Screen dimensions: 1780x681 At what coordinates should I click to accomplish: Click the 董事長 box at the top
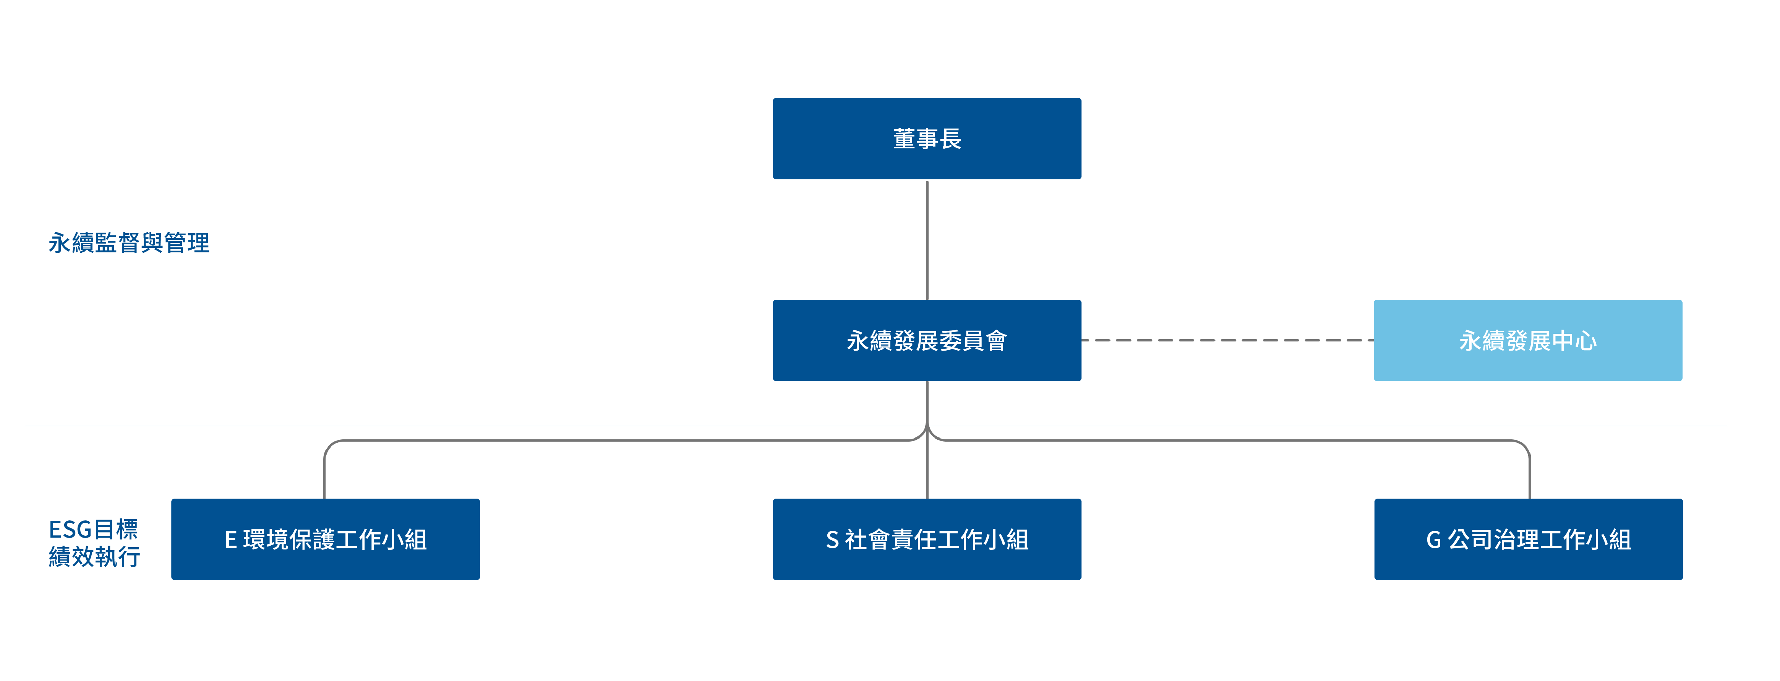click(927, 138)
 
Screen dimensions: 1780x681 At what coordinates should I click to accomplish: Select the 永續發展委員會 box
click(927, 340)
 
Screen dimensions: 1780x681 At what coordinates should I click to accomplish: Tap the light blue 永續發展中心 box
click(1528, 340)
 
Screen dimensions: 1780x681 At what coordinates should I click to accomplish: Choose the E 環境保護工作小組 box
click(326, 539)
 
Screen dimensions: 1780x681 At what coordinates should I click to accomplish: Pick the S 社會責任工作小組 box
click(927, 539)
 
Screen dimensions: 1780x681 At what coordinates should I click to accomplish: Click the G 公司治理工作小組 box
click(1529, 539)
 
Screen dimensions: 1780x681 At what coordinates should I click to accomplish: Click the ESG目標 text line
click(93, 529)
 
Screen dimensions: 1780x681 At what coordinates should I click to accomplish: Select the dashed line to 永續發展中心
click(1227, 340)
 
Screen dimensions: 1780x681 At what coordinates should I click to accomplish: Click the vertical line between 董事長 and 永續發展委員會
click(927, 239)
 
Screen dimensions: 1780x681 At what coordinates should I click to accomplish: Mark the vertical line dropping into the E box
click(325, 477)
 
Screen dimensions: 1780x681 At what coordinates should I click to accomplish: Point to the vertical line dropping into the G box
click(1530, 477)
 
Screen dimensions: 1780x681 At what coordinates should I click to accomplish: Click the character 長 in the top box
click(950, 138)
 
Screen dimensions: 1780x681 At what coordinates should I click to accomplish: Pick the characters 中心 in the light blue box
click(1574, 341)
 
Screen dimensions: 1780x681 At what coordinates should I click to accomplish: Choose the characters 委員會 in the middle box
click(973, 341)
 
